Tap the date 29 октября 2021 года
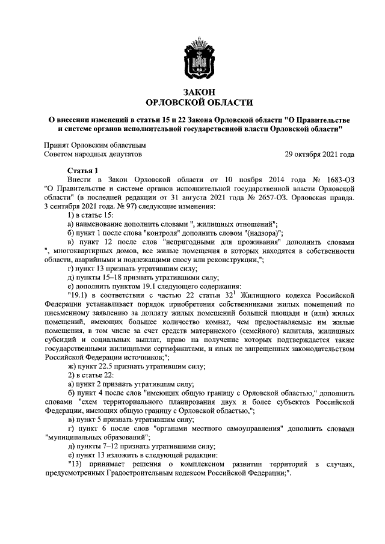coord(319,154)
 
